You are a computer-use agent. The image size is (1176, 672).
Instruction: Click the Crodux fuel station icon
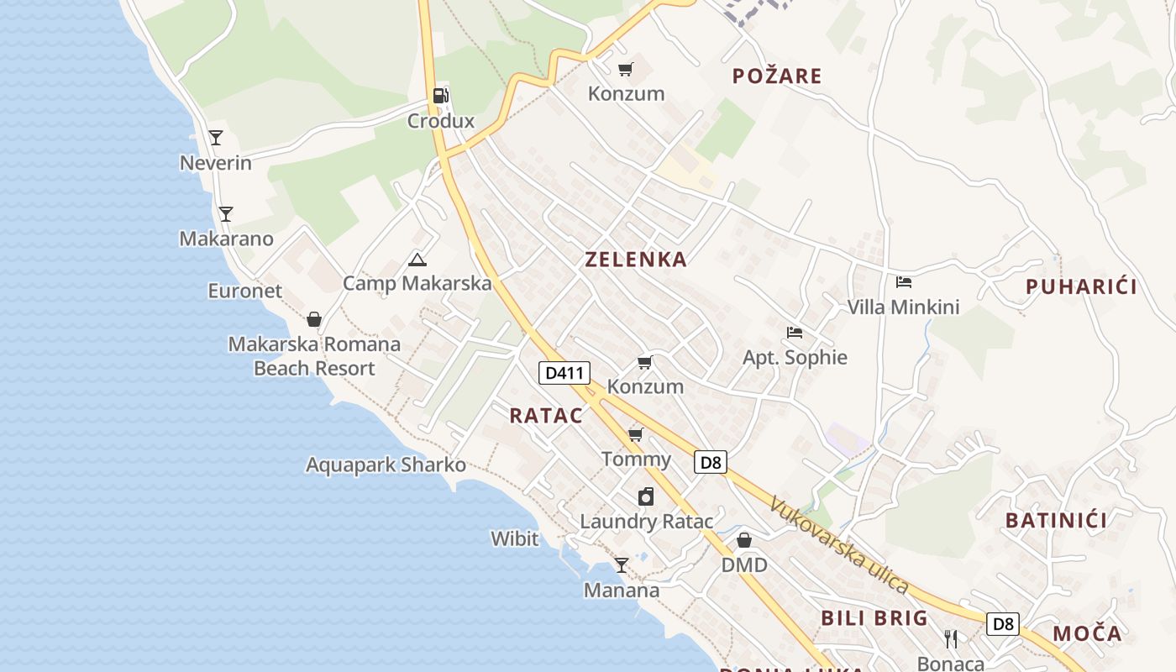click(x=441, y=96)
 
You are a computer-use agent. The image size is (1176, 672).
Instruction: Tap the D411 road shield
click(x=564, y=373)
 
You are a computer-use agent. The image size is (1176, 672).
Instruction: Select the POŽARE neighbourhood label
click(x=777, y=76)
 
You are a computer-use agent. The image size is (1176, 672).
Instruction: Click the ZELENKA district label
click(x=636, y=260)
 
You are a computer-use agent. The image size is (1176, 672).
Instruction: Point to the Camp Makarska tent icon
click(x=417, y=260)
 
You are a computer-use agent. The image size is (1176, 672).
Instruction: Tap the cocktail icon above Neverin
click(x=216, y=138)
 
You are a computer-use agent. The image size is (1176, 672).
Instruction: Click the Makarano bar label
click(x=227, y=239)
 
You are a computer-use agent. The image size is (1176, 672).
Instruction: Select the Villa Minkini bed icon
click(x=904, y=282)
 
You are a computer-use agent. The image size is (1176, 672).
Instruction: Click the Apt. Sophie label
click(x=795, y=357)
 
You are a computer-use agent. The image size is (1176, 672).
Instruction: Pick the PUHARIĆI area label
click(x=1081, y=286)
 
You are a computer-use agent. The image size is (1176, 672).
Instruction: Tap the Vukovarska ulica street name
click(x=839, y=545)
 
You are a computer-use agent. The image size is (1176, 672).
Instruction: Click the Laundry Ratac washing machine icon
click(x=646, y=496)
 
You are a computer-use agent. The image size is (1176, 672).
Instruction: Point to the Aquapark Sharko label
click(x=386, y=465)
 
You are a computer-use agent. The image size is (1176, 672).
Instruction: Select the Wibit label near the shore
click(x=514, y=538)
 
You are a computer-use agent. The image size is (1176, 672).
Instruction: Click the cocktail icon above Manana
click(x=622, y=565)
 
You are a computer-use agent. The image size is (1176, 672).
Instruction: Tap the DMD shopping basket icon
click(x=744, y=540)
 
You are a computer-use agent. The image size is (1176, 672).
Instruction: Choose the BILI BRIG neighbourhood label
click(x=874, y=618)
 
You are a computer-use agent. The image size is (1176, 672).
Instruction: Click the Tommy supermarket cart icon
click(x=636, y=434)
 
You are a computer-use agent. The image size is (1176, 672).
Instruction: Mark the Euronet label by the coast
click(x=245, y=291)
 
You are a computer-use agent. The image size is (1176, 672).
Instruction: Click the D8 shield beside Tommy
click(x=711, y=462)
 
